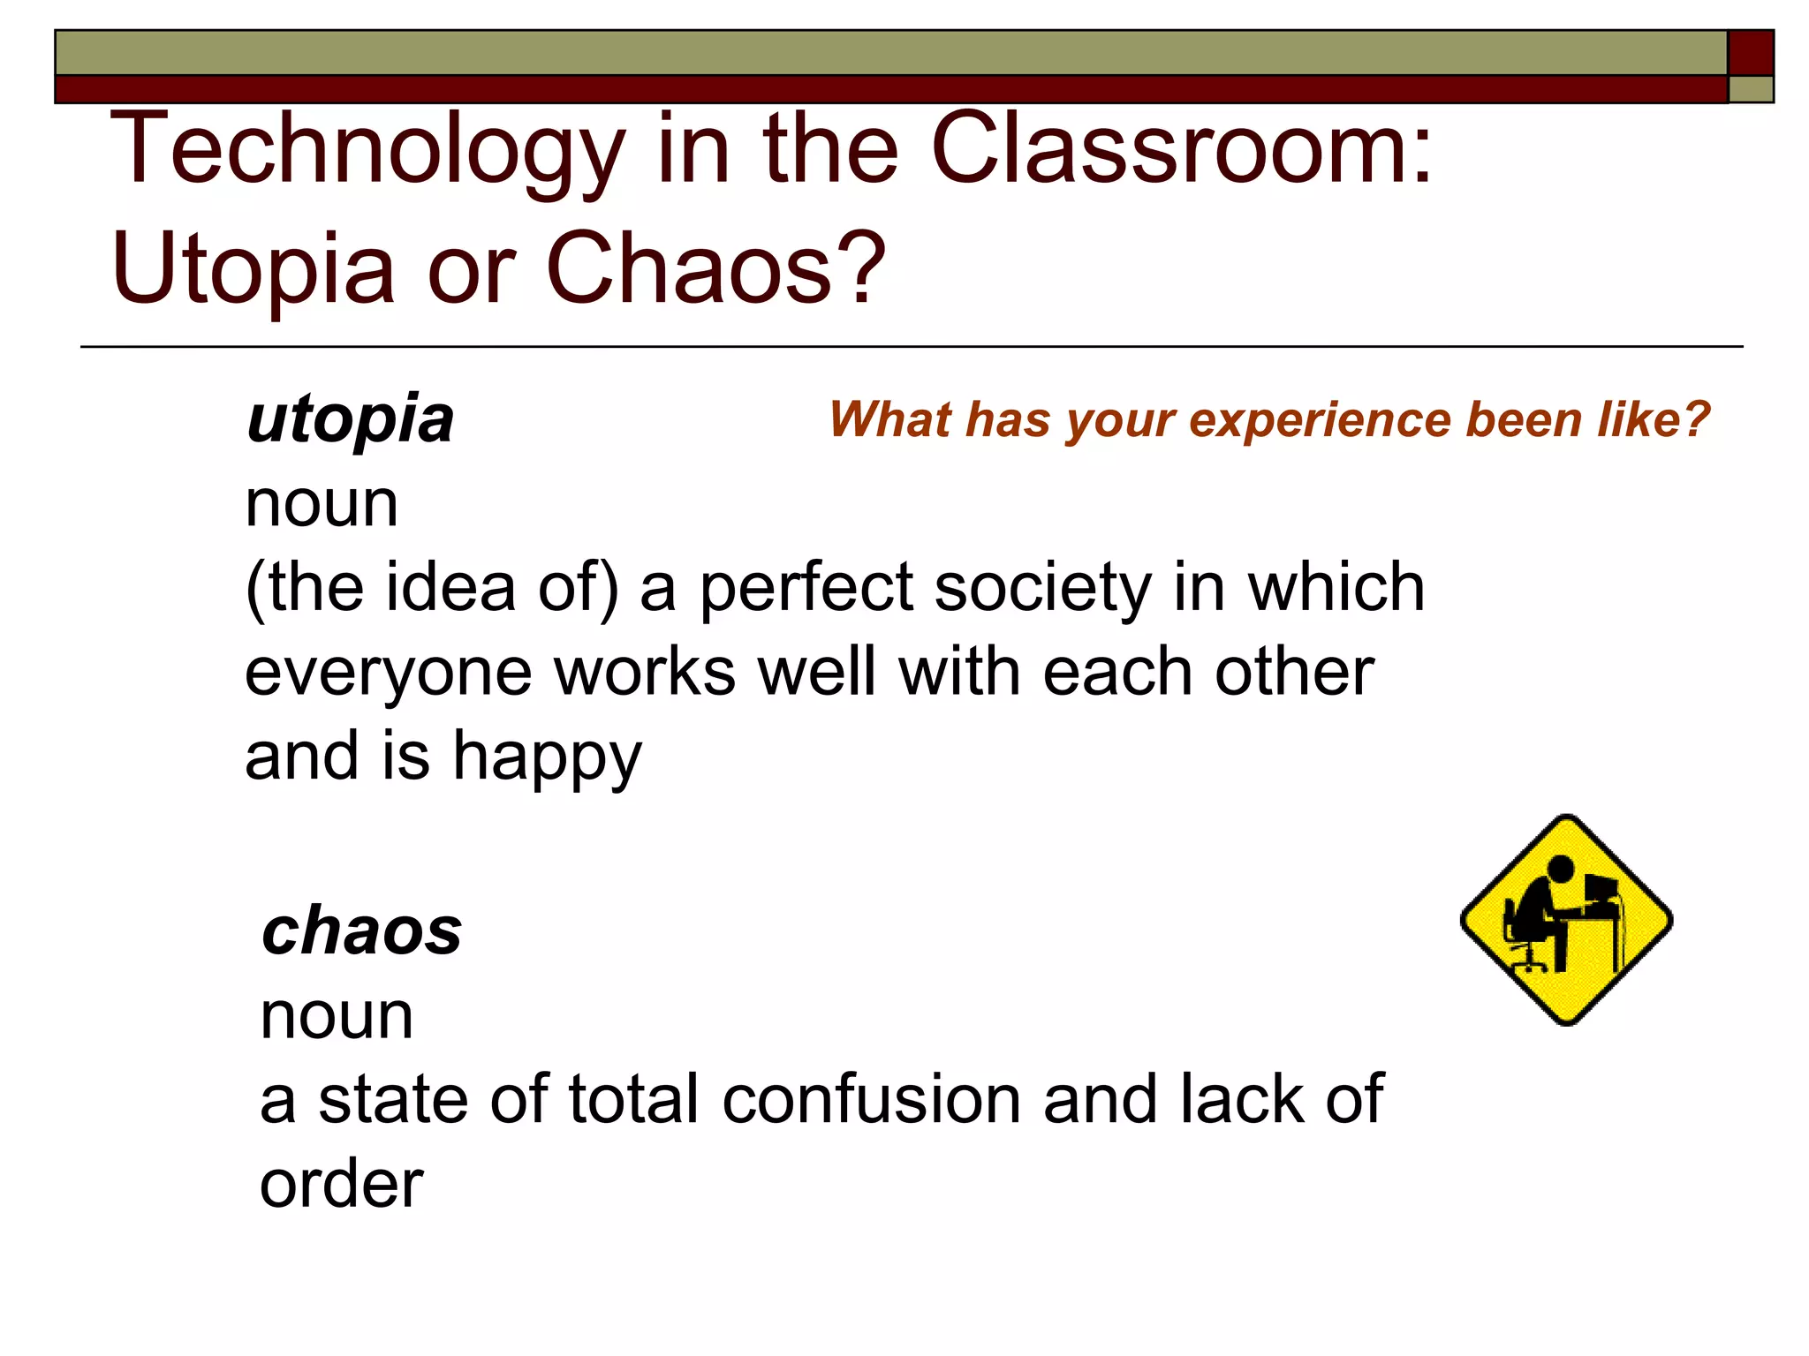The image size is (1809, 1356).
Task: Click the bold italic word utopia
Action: [350, 420]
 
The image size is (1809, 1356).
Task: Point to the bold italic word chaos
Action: [361, 932]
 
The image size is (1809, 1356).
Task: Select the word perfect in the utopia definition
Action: [806, 588]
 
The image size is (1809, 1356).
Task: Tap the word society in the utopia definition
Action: [1042, 590]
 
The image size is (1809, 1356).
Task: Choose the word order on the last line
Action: [341, 1184]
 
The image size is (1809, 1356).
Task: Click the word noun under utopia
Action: [322, 505]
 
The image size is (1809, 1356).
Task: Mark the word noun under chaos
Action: [337, 1017]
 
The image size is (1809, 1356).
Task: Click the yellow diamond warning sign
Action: [1566, 920]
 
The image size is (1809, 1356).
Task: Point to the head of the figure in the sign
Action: [1562, 869]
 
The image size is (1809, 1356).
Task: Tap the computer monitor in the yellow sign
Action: [1601, 887]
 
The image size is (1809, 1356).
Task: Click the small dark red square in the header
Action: [1750, 53]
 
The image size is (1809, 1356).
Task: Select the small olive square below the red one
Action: [1750, 89]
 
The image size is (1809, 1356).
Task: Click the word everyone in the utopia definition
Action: [388, 673]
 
